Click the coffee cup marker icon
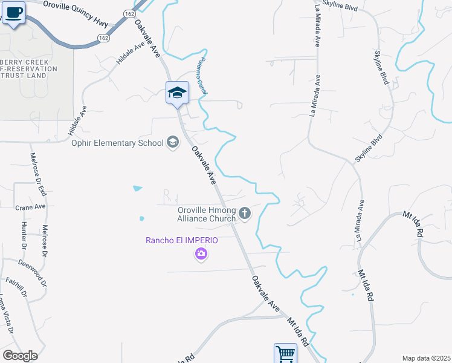click(13, 11)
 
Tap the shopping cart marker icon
click(285, 353)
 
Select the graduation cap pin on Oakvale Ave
click(177, 93)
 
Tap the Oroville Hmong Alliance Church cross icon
click(245, 213)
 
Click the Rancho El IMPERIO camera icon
click(201, 255)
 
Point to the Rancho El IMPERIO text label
click(181, 240)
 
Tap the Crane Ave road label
click(31, 206)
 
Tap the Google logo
click(20, 356)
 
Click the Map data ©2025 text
click(426, 358)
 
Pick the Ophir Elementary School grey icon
click(173, 143)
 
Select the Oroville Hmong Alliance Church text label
click(206, 214)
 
